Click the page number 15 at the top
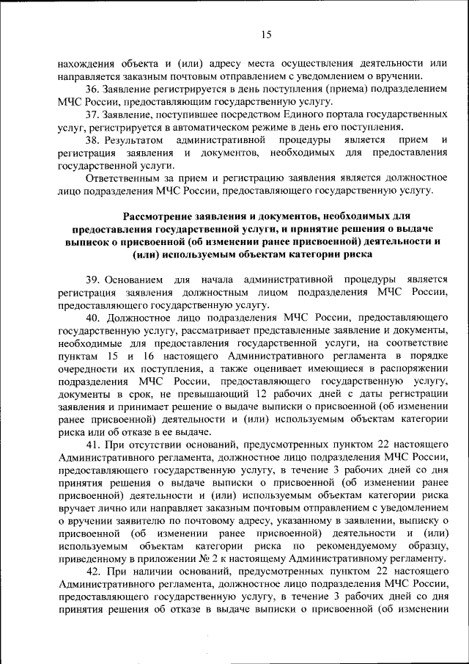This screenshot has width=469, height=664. click(x=266, y=34)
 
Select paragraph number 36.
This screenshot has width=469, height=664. click(x=93, y=89)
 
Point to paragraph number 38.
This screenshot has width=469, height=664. click(x=93, y=139)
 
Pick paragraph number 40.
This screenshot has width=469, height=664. click(x=93, y=318)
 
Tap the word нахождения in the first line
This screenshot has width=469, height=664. click(x=85, y=64)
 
